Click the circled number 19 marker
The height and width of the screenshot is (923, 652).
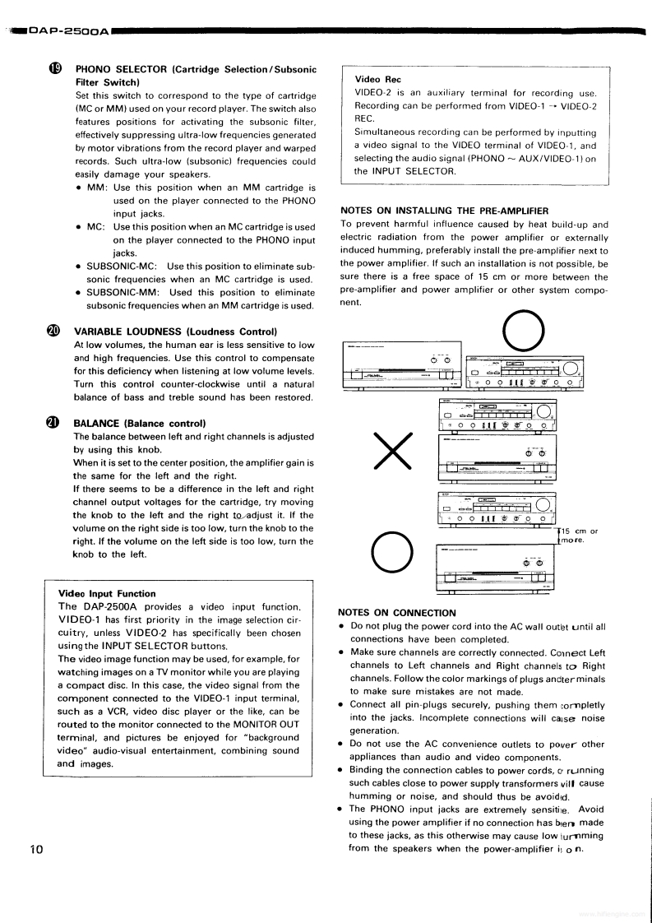[55, 69]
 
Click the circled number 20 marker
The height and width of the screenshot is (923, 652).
[54, 331]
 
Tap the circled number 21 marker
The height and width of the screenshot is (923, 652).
[54, 423]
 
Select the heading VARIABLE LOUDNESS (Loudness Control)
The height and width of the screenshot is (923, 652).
[175, 332]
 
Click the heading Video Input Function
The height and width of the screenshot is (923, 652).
[107, 593]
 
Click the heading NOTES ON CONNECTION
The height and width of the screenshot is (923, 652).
[396, 613]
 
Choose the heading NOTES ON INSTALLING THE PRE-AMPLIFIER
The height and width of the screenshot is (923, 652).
[444, 211]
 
